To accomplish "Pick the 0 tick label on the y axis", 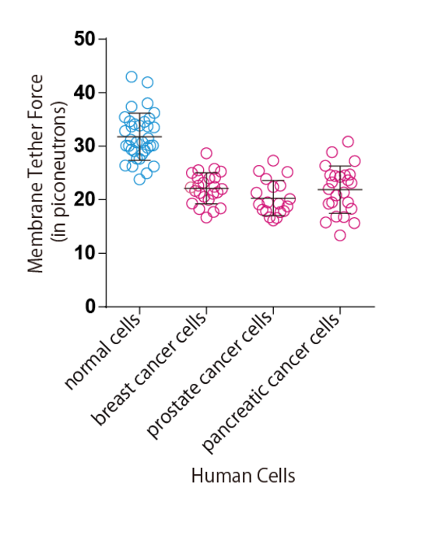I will [x=89, y=307].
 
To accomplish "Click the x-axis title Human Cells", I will [x=243, y=476].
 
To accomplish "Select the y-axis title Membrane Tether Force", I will [x=35, y=173].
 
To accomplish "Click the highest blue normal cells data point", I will [x=132, y=77].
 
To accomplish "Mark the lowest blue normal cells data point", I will [x=139, y=179].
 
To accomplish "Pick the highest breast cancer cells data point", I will [x=206, y=153].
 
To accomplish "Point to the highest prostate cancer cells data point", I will [x=273, y=161].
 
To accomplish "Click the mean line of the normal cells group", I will [x=139, y=136].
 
